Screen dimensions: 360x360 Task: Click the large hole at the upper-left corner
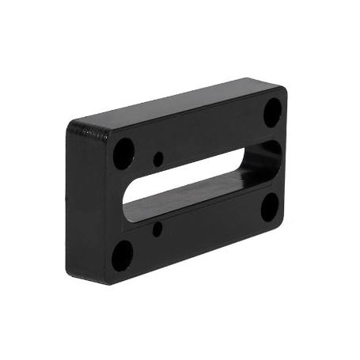coord(123,152)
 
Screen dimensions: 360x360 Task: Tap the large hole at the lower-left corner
coord(123,255)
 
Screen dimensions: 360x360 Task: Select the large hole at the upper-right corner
coord(271,112)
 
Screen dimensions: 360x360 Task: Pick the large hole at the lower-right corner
coord(269,207)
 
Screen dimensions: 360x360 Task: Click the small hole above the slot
coord(158,158)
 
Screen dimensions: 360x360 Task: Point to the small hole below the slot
coord(157,229)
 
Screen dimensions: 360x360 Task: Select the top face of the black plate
coord(174,103)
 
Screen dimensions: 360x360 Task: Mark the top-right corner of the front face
coord(286,93)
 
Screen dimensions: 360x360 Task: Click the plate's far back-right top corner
coord(255,78)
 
